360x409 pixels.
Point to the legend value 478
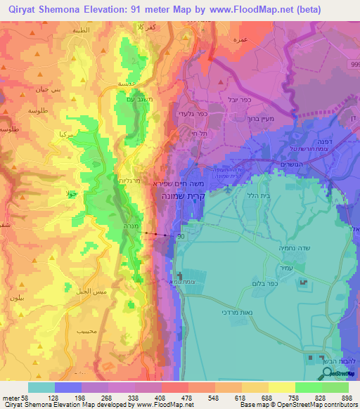click(x=187, y=397)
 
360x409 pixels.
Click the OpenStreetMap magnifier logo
click(x=326, y=374)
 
